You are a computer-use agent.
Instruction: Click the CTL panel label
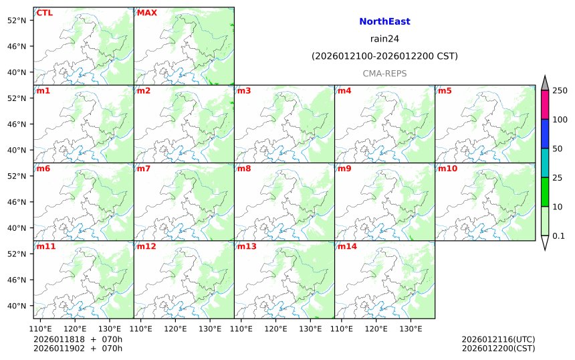pos(45,13)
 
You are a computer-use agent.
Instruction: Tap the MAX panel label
pos(146,13)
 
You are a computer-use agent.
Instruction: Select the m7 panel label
pos(144,169)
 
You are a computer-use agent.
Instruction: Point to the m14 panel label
pos(348,246)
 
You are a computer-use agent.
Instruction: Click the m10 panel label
pos(448,169)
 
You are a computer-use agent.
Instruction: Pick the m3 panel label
pos(244,90)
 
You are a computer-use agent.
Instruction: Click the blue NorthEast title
pos(384,21)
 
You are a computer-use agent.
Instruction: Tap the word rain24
pos(384,39)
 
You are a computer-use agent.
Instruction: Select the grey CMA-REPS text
pos(384,74)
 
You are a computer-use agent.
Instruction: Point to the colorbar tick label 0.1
pos(558,236)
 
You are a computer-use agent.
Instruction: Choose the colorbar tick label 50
pos(557,149)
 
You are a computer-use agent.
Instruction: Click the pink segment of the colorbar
pos(545,105)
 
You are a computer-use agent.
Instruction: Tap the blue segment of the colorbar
pos(545,134)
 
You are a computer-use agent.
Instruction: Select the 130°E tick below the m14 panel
pos(411,329)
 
